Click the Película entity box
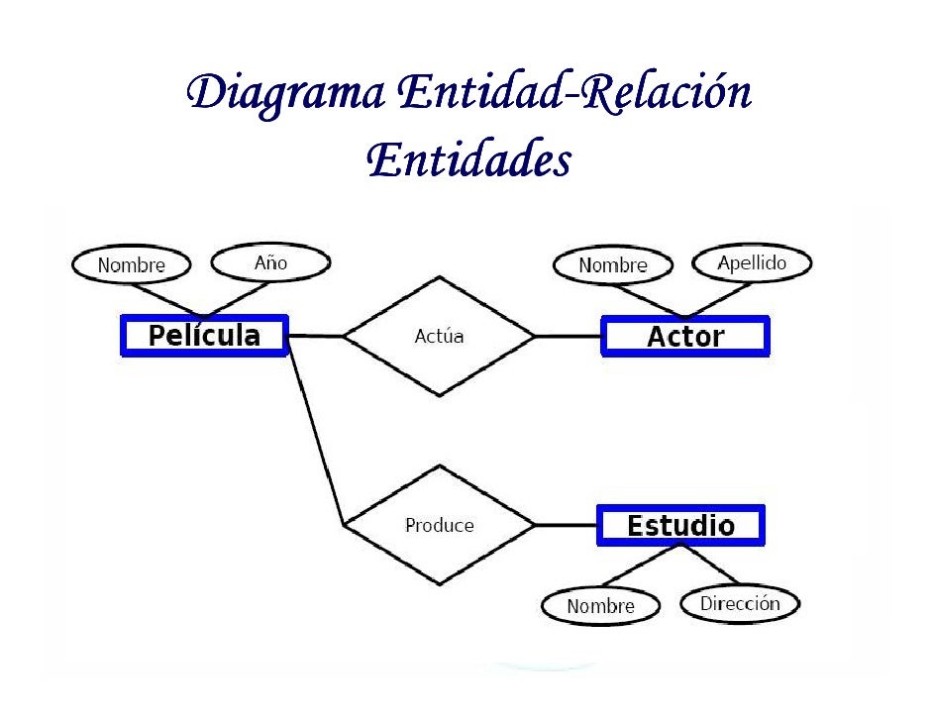pyautogui.click(x=204, y=336)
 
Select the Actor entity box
pyautogui.click(x=685, y=337)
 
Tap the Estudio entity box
pyautogui.click(x=680, y=525)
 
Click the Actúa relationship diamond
pyautogui.click(x=439, y=337)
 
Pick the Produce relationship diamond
pyautogui.click(x=439, y=525)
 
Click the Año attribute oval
pyautogui.click(x=270, y=262)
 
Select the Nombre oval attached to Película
pyautogui.click(x=131, y=265)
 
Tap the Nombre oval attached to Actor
pyautogui.click(x=612, y=265)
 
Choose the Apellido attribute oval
pyautogui.click(x=752, y=262)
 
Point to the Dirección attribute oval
pyautogui.click(x=739, y=603)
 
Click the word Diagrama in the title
pyautogui.click(x=284, y=95)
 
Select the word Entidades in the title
pyautogui.click(x=467, y=158)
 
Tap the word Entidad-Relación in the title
pyautogui.click(x=574, y=95)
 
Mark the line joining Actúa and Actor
pyautogui.click(x=568, y=337)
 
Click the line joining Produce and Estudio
pyautogui.click(x=566, y=525)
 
